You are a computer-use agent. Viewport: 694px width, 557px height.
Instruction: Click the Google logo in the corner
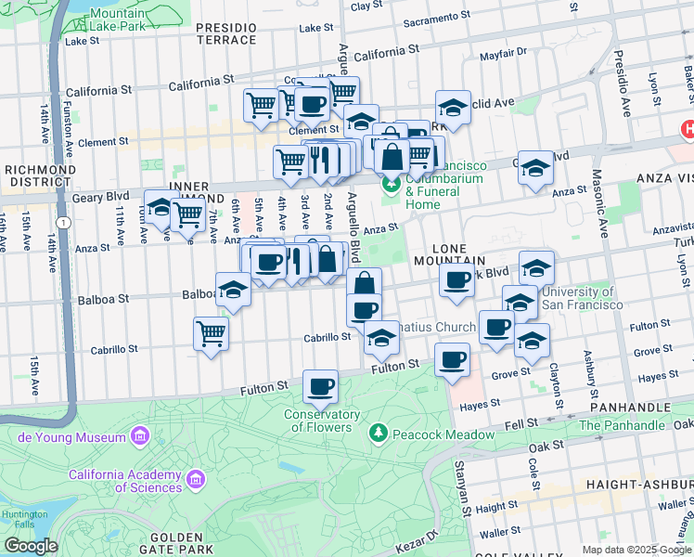pyautogui.click(x=30, y=546)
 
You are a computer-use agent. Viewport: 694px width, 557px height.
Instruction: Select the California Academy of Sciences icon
pyautogui.click(x=195, y=479)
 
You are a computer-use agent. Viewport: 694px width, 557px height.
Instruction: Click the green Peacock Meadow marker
pyautogui.click(x=378, y=433)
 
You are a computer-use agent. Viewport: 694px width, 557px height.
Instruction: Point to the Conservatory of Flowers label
pyautogui.click(x=322, y=421)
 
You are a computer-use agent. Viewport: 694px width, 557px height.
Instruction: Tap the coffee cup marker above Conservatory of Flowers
pyautogui.click(x=320, y=385)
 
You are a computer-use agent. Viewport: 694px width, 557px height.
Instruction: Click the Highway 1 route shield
pyautogui.click(x=60, y=223)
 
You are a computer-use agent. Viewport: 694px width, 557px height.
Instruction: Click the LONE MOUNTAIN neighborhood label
pyautogui.click(x=458, y=255)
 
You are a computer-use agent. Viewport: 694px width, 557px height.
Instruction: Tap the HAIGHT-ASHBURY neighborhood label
pyautogui.click(x=638, y=485)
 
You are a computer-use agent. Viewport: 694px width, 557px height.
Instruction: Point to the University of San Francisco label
pyautogui.click(x=582, y=299)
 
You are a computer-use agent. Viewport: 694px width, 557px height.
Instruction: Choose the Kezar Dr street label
pyautogui.click(x=418, y=540)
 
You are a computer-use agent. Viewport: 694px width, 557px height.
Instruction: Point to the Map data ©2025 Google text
pyautogui.click(x=636, y=550)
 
